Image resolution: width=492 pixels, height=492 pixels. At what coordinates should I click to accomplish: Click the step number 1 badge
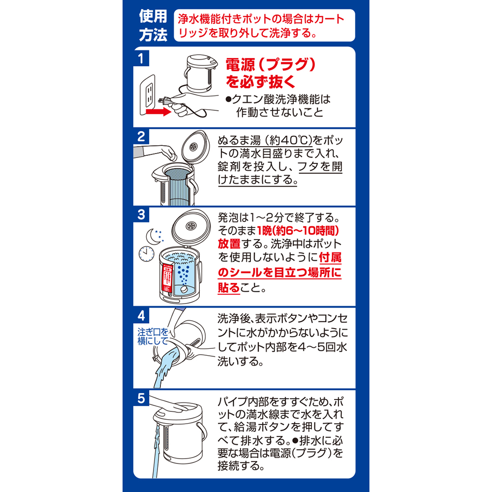point(141,58)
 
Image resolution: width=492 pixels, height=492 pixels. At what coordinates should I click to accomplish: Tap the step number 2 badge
point(141,136)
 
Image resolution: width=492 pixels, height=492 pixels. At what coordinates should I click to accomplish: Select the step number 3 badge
point(141,215)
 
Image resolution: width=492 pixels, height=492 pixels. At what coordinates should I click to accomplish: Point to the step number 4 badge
point(141,315)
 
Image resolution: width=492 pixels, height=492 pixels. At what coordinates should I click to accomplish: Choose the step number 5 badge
point(141,398)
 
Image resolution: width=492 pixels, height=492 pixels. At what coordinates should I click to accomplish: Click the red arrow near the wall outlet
point(158,111)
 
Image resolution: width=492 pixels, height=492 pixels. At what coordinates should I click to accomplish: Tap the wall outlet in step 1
point(147,94)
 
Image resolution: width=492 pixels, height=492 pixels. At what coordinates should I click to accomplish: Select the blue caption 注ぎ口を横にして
point(153,337)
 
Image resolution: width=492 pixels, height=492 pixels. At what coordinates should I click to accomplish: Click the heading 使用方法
point(153,25)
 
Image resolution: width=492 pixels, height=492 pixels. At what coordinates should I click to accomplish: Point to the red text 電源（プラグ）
point(271,65)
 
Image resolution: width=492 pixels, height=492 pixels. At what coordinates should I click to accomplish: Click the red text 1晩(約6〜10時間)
point(298,231)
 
